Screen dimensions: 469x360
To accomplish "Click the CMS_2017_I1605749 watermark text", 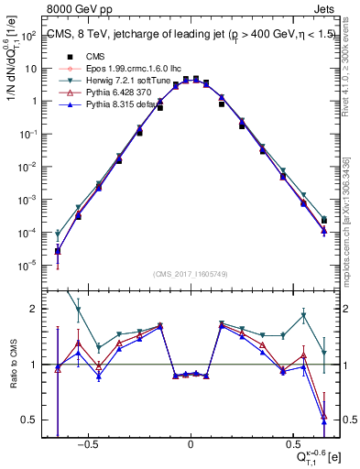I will [x=190, y=273].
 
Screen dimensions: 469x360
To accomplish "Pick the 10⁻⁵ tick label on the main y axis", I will [x=27, y=266].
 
